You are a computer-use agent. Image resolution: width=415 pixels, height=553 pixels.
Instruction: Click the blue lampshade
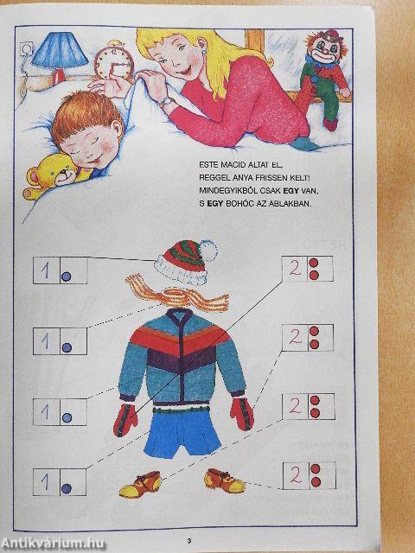[60, 49]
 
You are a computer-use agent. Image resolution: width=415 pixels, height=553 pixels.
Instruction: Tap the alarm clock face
[113, 64]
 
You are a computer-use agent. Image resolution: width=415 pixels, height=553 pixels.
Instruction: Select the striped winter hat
[186, 262]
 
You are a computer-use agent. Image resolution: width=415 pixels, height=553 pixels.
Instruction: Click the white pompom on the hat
[208, 250]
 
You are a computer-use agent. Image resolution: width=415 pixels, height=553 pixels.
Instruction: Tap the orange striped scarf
[177, 294]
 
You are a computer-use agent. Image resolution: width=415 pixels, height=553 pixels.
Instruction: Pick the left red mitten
[125, 420]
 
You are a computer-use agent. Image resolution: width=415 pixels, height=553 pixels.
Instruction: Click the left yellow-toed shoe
[140, 484]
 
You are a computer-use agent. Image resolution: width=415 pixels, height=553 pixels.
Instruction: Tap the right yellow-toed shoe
[225, 480]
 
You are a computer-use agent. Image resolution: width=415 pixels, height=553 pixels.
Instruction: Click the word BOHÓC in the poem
[239, 204]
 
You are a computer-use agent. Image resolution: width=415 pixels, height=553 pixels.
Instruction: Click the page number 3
[188, 541]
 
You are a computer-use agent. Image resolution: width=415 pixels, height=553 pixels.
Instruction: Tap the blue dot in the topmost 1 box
[66, 276]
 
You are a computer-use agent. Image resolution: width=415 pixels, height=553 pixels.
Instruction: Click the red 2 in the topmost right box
[295, 269]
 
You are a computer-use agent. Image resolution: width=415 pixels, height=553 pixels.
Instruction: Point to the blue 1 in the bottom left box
[46, 482]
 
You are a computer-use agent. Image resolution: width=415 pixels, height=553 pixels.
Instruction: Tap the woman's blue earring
[204, 53]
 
